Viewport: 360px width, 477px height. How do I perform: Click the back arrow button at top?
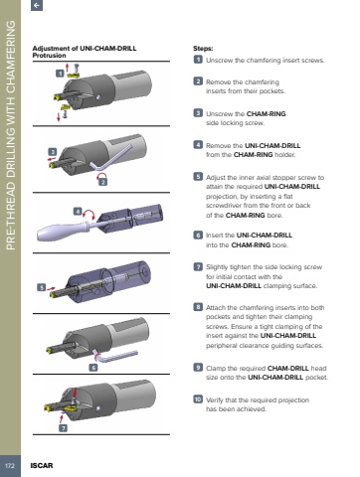tap(37, 5)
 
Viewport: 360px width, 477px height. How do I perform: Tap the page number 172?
tap(10, 466)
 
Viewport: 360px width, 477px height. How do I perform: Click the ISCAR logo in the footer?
tap(42, 465)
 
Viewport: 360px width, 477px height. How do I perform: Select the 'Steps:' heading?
tap(203, 49)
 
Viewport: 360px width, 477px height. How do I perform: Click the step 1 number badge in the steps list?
tap(198, 60)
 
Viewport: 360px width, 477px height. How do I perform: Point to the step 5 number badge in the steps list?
tap(198, 177)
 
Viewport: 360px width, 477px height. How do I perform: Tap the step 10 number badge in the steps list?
tap(198, 399)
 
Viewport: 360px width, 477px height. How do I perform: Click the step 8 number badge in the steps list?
tap(198, 307)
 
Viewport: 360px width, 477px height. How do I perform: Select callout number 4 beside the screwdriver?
tap(78, 212)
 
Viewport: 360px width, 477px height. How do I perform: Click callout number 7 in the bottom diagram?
tap(63, 428)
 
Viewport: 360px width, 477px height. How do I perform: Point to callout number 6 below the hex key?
tap(93, 368)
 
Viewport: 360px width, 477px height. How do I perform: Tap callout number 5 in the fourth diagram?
tap(41, 287)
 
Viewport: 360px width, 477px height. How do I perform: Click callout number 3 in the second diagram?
tap(53, 152)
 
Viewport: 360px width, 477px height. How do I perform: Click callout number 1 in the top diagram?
tap(60, 74)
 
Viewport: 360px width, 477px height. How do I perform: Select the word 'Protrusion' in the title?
tap(49, 56)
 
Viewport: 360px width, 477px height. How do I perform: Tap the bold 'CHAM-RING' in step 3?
tap(267, 114)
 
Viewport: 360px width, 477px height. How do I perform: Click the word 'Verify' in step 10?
tap(215, 400)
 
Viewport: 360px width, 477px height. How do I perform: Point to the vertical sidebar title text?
tap(11, 135)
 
